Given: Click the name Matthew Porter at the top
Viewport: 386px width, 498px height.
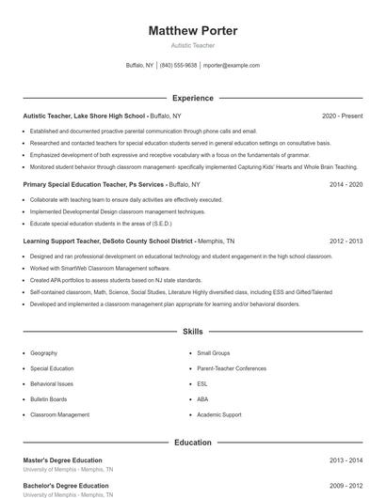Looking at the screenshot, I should [x=193, y=30].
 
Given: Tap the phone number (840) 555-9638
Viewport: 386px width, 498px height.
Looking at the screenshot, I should [x=179, y=66].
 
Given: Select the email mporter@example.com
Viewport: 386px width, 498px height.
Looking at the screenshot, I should [x=232, y=66].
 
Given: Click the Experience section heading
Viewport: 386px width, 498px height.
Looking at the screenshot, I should [x=193, y=98].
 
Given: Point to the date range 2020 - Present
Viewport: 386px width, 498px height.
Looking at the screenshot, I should [x=342, y=116].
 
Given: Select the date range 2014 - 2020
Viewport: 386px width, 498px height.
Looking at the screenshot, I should [x=346, y=185].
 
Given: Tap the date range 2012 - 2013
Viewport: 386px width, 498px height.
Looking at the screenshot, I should [x=346, y=241].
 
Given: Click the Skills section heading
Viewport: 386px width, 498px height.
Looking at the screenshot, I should [x=193, y=332].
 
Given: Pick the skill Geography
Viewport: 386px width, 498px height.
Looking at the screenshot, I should [x=44, y=353].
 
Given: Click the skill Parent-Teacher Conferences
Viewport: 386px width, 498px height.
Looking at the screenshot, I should [x=232, y=368].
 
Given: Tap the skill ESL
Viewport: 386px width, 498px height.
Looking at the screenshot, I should [x=202, y=383].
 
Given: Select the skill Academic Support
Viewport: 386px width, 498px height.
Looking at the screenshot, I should [x=219, y=414].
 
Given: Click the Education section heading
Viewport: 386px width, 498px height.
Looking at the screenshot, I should [x=193, y=442].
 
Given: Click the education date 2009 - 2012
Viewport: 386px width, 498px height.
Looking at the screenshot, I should [x=346, y=486].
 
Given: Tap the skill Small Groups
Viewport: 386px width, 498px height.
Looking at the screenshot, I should [x=214, y=353].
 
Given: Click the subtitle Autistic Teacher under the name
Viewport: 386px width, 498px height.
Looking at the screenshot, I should [x=193, y=45].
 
